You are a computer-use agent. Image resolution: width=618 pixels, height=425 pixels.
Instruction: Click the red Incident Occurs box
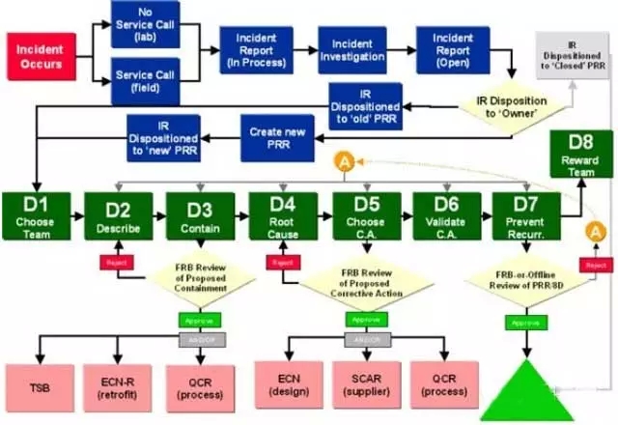[40, 55]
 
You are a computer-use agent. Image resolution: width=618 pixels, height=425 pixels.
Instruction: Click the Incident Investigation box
[352, 51]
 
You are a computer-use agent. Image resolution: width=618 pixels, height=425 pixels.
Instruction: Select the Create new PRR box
[273, 138]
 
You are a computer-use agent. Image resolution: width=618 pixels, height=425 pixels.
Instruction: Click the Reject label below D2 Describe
[115, 263]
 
